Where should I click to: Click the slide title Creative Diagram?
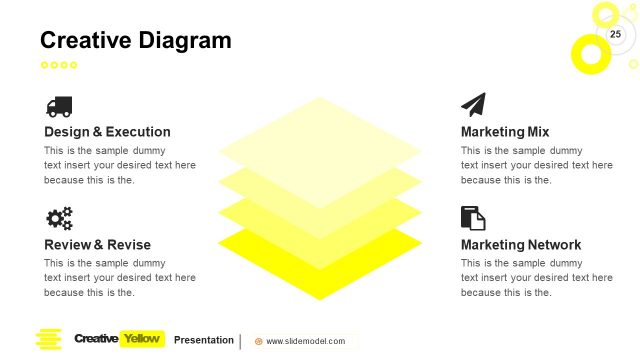point(135,40)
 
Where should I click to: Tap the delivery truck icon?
point(59,106)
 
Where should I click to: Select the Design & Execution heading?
point(107,132)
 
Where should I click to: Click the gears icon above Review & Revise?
point(59,218)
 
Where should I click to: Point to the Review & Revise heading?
point(97,245)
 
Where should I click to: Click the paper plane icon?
point(473,105)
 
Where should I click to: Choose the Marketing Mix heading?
point(504,132)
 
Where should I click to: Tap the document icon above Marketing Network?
point(472,218)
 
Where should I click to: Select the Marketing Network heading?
point(520,245)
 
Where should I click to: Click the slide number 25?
point(615,35)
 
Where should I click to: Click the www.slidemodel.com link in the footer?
point(305,341)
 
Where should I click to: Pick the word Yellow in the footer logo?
point(141,339)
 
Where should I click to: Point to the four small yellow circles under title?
point(58,65)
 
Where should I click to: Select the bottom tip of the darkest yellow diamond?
point(320,297)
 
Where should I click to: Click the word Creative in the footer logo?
point(95,339)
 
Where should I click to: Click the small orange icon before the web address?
point(259,341)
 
